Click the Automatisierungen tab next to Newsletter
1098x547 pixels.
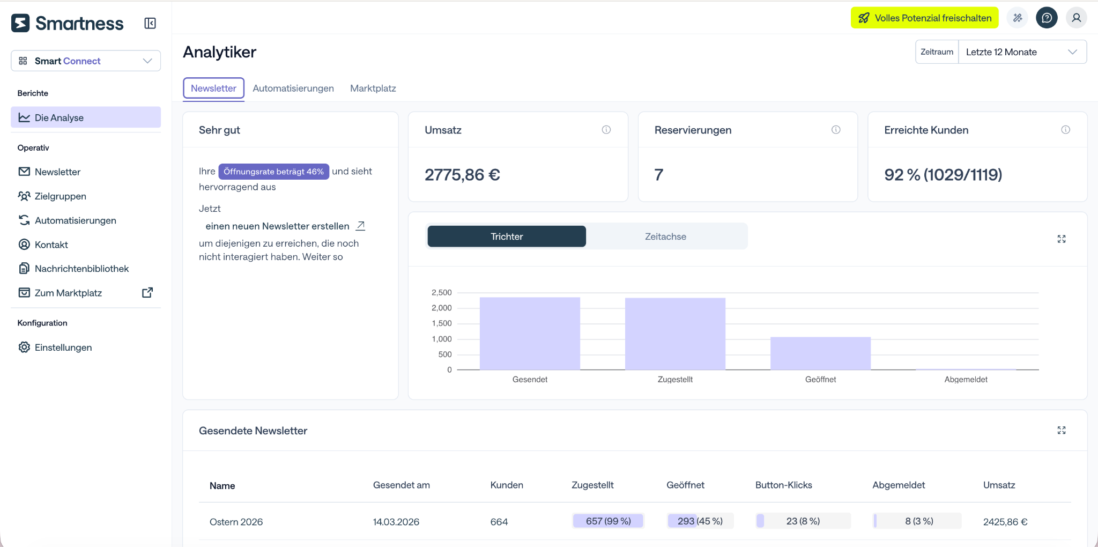pyautogui.click(x=293, y=88)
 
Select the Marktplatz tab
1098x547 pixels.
pyautogui.click(x=373, y=88)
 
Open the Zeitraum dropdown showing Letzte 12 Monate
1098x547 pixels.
pyautogui.click(x=1022, y=52)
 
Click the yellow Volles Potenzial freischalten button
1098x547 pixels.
pyautogui.click(x=925, y=18)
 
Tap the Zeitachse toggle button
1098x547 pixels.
pyautogui.click(x=665, y=236)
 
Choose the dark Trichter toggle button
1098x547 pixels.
pyautogui.click(x=507, y=236)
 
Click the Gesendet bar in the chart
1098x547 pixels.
pyautogui.click(x=530, y=334)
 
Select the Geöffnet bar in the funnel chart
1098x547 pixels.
pyautogui.click(x=820, y=353)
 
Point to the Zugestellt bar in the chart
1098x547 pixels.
pyautogui.click(x=675, y=334)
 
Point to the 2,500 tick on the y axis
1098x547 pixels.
pyautogui.click(x=442, y=292)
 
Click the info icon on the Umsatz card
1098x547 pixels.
pyautogui.click(x=606, y=130)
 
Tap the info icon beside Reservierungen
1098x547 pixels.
pyautogui.click(x=836, y=130)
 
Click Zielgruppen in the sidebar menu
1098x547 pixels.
pyautogui.click(x=60, y=196)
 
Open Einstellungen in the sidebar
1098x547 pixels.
pyautogui.click(x=63, y=348)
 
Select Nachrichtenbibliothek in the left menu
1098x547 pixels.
pyautogui.click(x=81, y=269)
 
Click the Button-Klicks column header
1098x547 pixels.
pyautogui.click(x=783, y=485)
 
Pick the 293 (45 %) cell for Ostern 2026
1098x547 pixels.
pyautogui.click(x=700, y=521)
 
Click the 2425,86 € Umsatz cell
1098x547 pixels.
pyautogui.click(x=1005, y=522)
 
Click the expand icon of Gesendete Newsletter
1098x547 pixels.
pyautogui.click(x=1062, y=430)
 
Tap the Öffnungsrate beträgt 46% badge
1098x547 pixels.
pyautogui.click(x=273, y=172)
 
